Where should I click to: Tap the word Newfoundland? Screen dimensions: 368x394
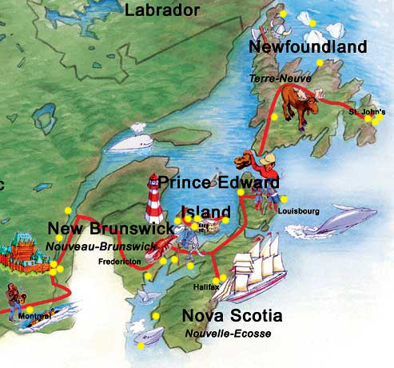pos(308,47)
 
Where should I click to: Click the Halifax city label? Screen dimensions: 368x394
pos(206,286)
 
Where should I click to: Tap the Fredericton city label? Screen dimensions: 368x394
pos(120,261)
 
